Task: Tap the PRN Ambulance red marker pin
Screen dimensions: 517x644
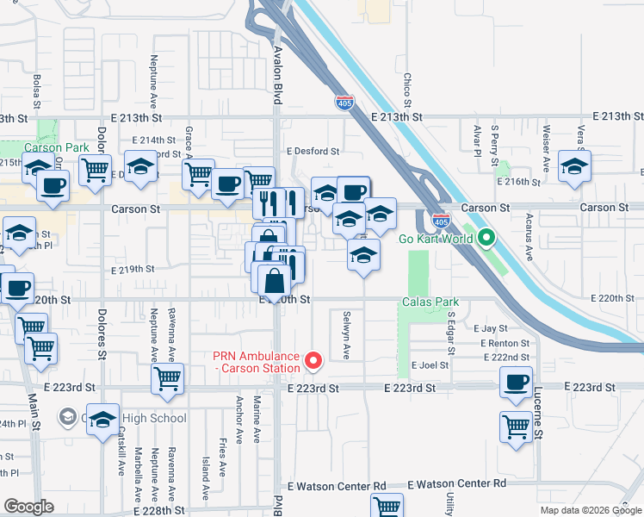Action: (313, 361)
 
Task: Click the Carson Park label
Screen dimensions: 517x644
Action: (59, 147)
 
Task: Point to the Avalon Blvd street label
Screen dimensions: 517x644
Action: (277, 64)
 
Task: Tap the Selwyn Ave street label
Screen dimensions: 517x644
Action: (347, 335)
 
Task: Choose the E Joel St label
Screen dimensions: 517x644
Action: (430, 365)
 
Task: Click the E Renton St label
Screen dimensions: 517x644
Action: (502, 343)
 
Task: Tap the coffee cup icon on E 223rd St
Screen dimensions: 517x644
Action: (516, 382)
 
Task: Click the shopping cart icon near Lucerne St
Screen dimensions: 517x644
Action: (516, 426)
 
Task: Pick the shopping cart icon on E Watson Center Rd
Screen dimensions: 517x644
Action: (387, 507)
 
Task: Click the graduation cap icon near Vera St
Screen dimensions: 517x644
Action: (574, 166)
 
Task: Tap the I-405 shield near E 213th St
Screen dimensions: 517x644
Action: (345, 103)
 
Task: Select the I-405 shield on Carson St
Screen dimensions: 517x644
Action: (440, 221)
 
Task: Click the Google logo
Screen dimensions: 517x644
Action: (29, 507)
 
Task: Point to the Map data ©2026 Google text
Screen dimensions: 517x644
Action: (591, 510)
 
